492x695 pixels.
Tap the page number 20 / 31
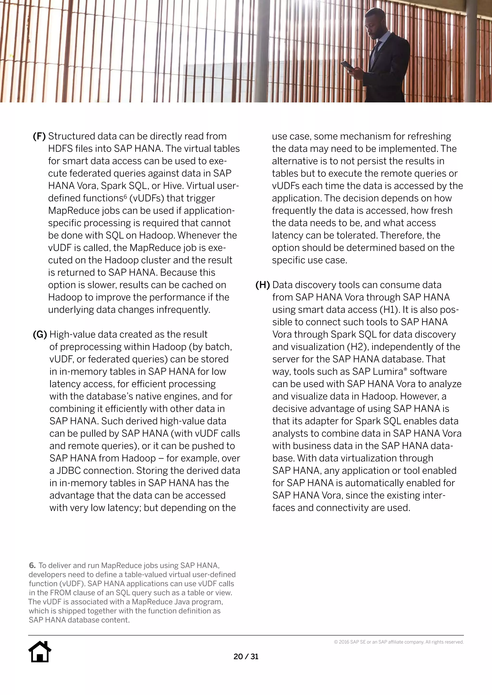click(x=246, y=656)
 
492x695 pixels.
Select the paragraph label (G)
click(x=40, y=335)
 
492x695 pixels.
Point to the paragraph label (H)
click(x=262, y=285)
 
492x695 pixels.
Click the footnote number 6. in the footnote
click(x=32, y=565)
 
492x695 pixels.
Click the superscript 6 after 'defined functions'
click(x=125, y=196)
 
